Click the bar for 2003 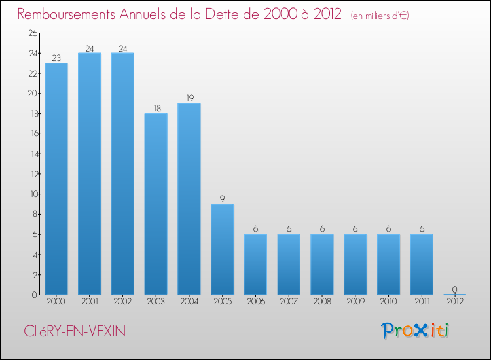[x=156, y=204]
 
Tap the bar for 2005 [x=222, y=249]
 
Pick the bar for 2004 [x=189, y=199]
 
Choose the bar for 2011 [x=421, y=264]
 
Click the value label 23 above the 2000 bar [x=56, y=58]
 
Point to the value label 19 [x=189, y=98]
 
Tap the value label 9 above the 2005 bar [x=222, y=198]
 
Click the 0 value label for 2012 [x=454, y=289]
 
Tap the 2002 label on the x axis [x=122, y=302]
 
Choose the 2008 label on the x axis [x=321, y=302]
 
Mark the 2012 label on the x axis [x=454, y=302]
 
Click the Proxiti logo [x=416, y=331]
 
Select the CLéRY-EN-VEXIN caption [x=72, y=332]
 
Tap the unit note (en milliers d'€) [x=380, y=16]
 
